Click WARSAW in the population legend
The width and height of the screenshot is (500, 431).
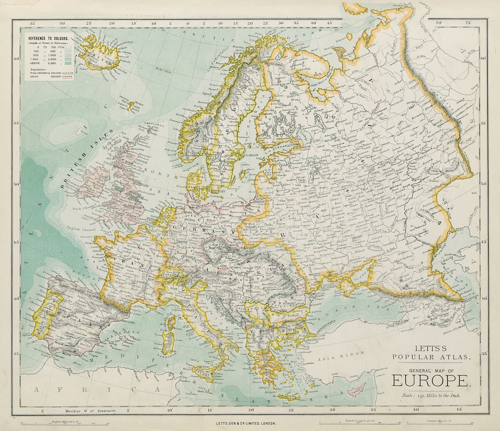coord(68,73)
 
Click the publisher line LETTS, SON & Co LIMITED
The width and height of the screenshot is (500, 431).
coord(245,423)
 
